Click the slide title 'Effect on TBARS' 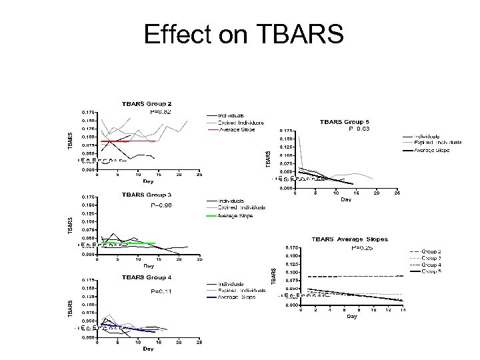(x=243, y=33)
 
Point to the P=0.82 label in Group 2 (x=159, y=112)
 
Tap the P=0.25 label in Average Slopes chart (x=363, y=247)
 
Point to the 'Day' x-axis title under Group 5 (x=345, y=199)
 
